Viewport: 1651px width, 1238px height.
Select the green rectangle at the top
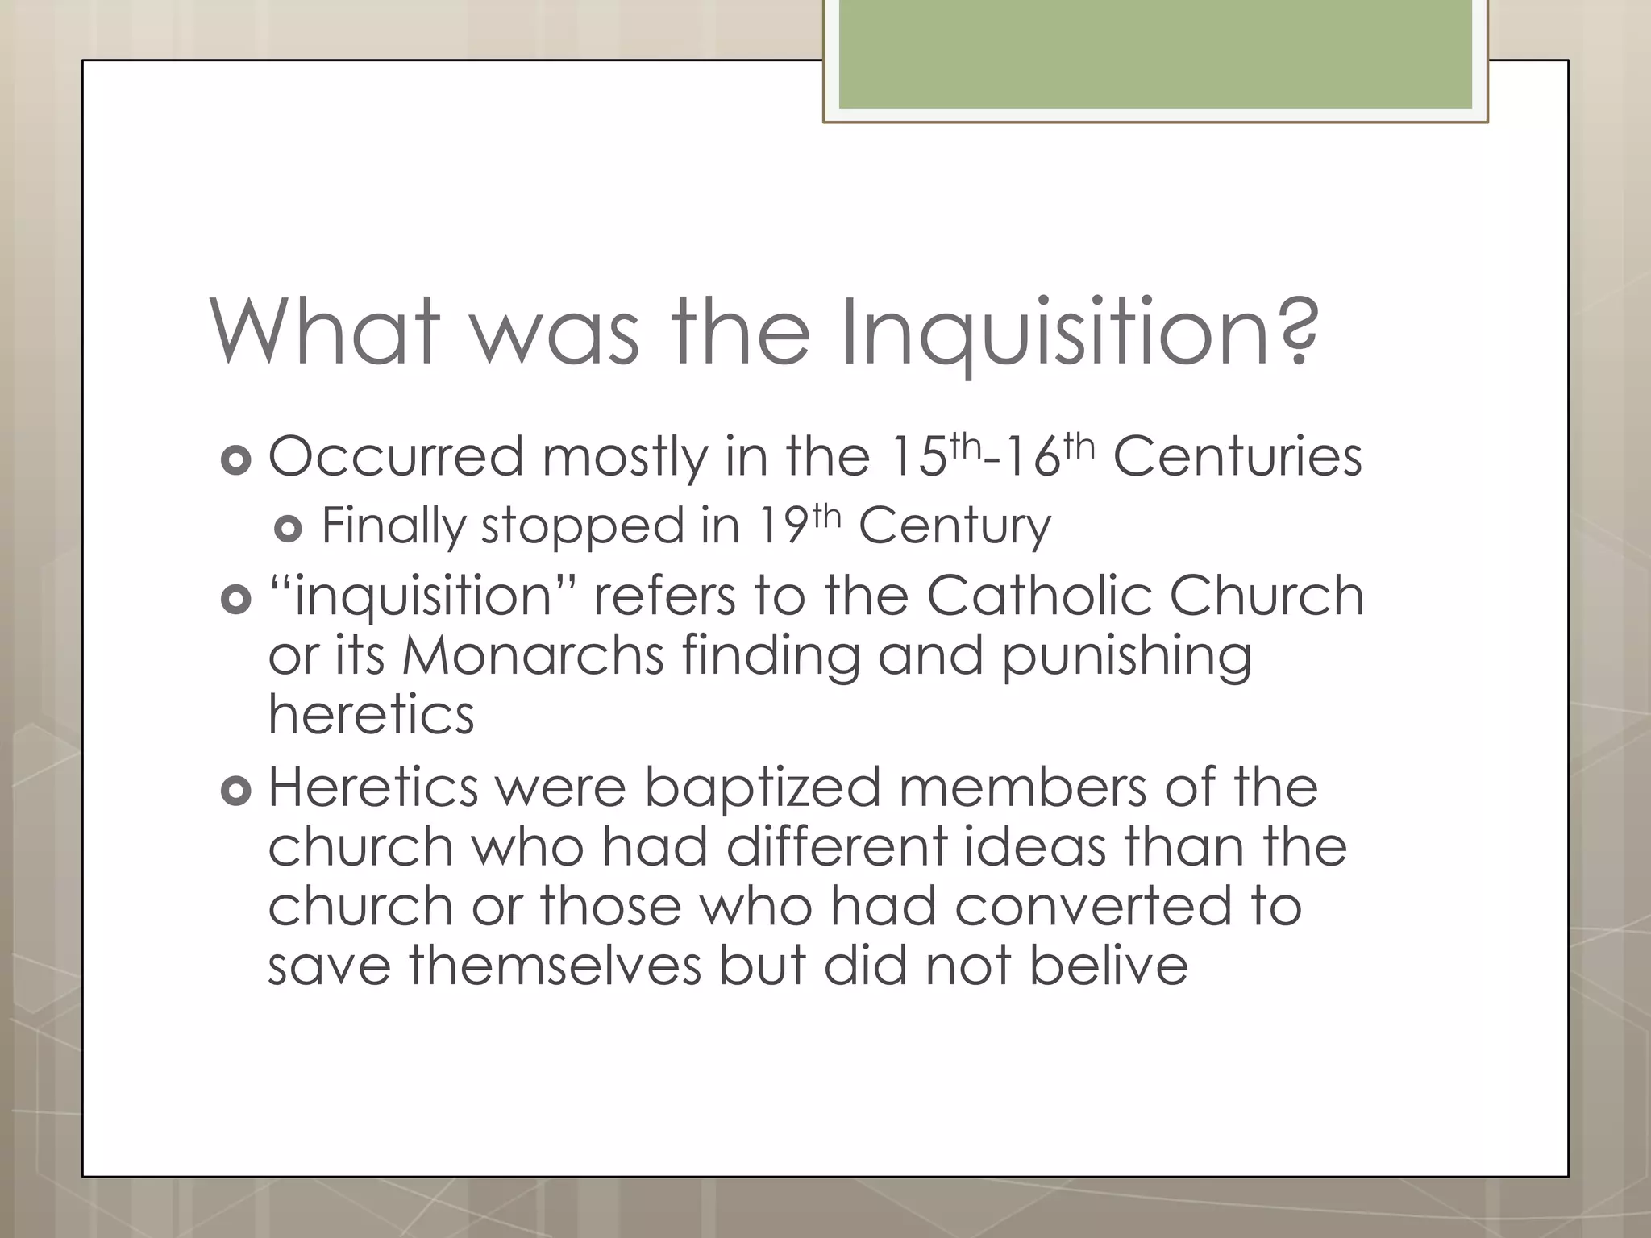pos(1154,55)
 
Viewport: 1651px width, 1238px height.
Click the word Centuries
pos(1237,457)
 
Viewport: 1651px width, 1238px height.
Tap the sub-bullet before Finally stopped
pos(288,529)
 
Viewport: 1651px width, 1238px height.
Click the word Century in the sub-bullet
pos(954,526)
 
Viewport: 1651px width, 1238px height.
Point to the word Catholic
pos(1039,596)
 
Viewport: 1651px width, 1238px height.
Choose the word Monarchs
pos(533,655)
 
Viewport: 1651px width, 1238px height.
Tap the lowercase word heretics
pos(371,715)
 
